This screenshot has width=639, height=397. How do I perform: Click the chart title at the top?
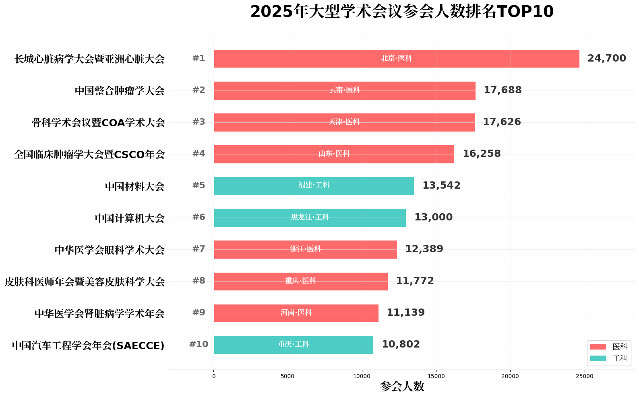[x=402, y=12]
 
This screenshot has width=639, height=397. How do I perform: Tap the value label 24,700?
[x=606, y=58]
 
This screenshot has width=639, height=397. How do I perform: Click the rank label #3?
[x=199, y=122]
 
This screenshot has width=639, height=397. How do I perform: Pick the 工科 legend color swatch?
[x=598, y=358]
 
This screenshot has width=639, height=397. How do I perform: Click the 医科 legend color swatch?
[x=598, y=347]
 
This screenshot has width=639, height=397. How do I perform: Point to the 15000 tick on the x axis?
[x=436, y=376]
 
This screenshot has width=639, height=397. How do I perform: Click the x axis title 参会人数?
[x=402, y=387]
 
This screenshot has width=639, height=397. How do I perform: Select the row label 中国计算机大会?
[x=130, y=218]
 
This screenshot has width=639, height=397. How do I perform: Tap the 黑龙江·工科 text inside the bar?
[x=310, y=217]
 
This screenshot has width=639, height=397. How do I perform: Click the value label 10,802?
[x=401, y=344]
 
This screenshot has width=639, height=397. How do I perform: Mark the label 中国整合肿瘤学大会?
[x=120, y=91]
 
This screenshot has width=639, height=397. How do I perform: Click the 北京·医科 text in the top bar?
[x=397, y=58]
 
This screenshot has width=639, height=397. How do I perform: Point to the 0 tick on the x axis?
[x=214, y=376]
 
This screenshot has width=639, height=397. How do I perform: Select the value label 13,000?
[x=433, y=217]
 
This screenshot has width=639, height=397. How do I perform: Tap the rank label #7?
[x=199, y=249]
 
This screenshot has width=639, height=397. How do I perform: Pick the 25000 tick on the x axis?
[x=584, y=376]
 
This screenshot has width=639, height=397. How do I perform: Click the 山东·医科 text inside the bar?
[x=334, y=154]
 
